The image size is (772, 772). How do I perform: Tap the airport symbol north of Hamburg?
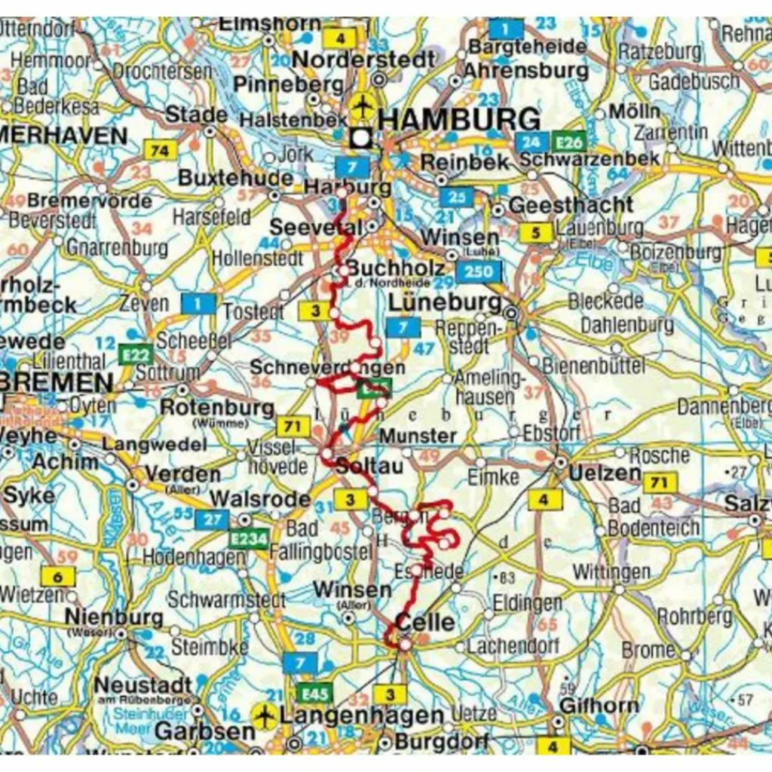coord(362,106)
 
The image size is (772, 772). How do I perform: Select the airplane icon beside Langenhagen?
coord(264,715)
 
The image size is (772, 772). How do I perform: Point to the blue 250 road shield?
coord(478,272)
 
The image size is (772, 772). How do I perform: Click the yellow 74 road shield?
coord(159,151)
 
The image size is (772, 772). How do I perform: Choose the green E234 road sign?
coord(248,540)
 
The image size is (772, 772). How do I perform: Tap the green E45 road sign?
coord(316,692)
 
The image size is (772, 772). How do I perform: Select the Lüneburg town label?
coord(445,303)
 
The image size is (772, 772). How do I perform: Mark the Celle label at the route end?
coord(425,623)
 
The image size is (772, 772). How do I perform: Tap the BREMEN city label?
coord(57,381)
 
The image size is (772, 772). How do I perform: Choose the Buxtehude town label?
coord(235,179)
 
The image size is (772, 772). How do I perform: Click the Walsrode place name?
coord(260,499)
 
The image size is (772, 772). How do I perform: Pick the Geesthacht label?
coord(571,205)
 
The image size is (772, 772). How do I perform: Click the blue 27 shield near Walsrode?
coord(211,519)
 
